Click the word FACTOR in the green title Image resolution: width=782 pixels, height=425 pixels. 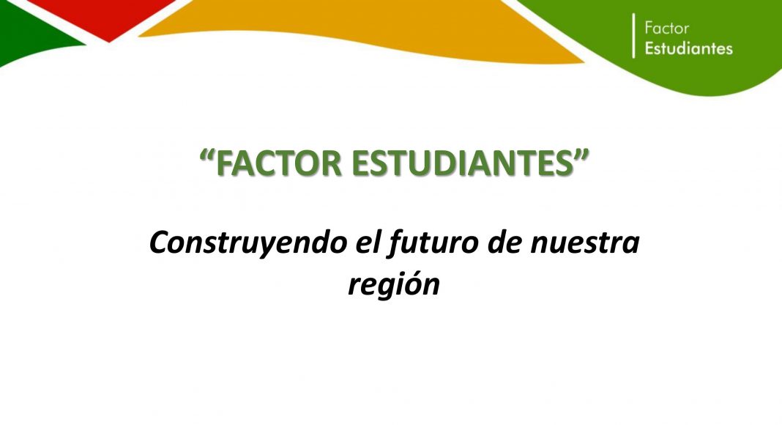[x=280, y=163]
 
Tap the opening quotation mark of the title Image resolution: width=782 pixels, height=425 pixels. [x=208, y=155]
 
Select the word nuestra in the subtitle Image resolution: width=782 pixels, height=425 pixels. [x=584, y=243]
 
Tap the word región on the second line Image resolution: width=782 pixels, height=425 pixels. [x=393, y=285]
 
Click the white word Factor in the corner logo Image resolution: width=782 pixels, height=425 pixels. [x=666, y=28]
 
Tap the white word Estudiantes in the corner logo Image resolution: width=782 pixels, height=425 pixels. [x=689, y=48]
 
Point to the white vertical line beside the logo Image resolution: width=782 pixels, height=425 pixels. [x=634, y=35]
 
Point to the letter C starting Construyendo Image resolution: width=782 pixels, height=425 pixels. [x=160, y=243]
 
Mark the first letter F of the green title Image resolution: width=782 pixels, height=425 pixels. [x=225, y=163]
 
